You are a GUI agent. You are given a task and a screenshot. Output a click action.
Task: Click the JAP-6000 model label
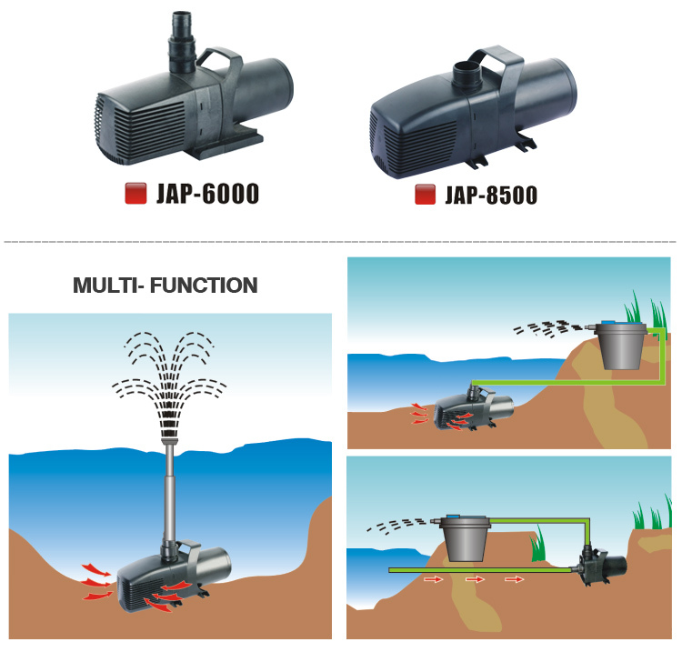207,194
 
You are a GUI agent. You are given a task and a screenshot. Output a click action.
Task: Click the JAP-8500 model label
490,195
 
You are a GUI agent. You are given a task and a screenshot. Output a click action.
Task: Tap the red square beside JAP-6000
135,194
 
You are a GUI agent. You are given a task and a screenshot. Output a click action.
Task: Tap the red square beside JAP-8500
423,195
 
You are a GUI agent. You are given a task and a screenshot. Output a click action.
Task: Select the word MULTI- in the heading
104,286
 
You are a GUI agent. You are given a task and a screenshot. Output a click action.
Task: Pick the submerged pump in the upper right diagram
473,406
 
